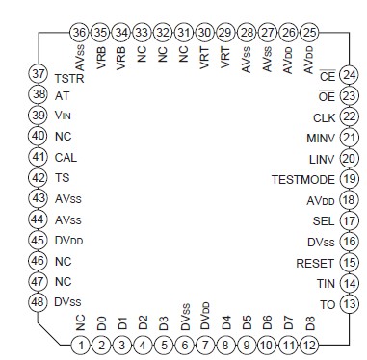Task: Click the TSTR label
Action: pyautogui.click(x=69, y=76)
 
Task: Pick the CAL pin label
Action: pyautogui.click(x=66, y=158)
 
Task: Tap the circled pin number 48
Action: pyautogui.click(x=39, y=302)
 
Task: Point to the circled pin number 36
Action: pyautogui.click(x=79, y=33)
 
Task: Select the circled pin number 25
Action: pyautogui.click(x=309, y=33)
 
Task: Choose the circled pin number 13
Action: pyautogui.click(x=350, y=303)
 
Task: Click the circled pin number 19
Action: pyautogui.click(x=350, y=179)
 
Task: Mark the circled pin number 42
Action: pyautogui.click(x=39, y=178)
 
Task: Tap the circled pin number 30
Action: pyautogui.click(x=204, y=33)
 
